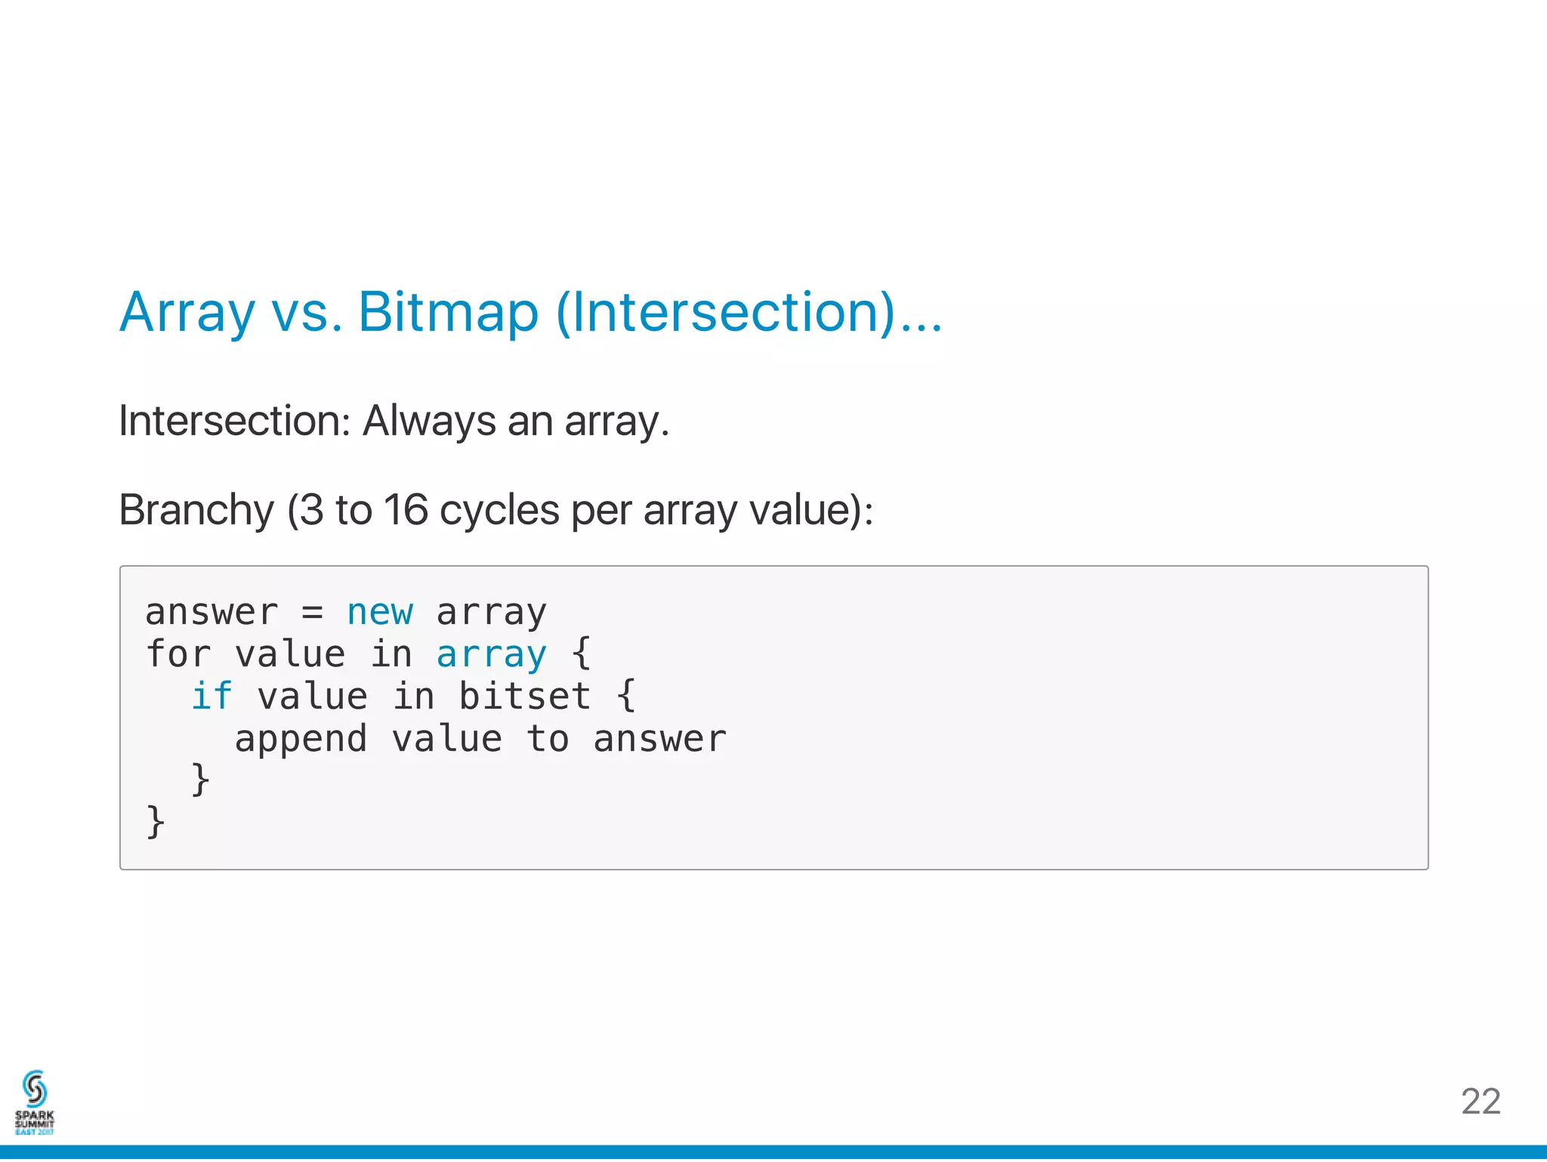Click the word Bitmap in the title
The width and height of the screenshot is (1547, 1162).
point(448,313)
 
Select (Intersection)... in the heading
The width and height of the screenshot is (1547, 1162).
point(749,313)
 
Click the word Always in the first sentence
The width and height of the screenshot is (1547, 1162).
point(429,421)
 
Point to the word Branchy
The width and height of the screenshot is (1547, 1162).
point(196,510)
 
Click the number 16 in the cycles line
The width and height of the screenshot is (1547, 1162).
point(406,510)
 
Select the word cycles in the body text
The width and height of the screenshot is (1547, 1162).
point(499,510)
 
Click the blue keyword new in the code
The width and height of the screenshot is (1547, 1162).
point(380,612)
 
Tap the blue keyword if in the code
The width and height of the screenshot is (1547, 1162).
point(212,697)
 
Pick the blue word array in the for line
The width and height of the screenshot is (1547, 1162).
point(491,654)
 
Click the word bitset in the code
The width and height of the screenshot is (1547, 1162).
point(524,697)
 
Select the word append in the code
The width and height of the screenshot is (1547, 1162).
point(301,739)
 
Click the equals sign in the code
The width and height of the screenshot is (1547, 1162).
point(313,612)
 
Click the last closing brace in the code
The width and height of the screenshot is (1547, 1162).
point(156,822)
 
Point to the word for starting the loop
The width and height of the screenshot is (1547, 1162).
point(178,654)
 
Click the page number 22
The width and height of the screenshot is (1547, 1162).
point(1480,1102)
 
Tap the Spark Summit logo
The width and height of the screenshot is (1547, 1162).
point(35,1102)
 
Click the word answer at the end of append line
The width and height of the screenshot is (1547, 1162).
point(659,739)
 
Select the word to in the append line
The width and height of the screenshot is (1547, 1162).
point(548,739)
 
